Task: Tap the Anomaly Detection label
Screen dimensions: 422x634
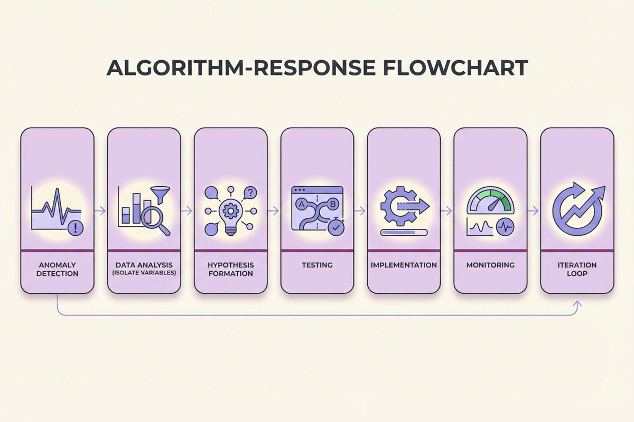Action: pyautogui.click(x=58, y=269)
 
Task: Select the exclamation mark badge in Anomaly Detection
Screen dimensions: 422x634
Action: pyautogui.click(x=77, y=228)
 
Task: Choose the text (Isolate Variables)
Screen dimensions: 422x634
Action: pyautogui.click(x=144, y=274)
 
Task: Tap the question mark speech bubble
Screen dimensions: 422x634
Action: pyautogui.click(x=250, y=193)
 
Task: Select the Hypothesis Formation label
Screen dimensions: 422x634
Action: pyautogui.click(x=231, y=269)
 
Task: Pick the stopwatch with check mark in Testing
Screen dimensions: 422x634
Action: pyautogui.click(x=335, y=227)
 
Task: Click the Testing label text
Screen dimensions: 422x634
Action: pyautogui.click(x=317, y=265)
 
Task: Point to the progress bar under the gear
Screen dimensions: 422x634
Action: pyautogui.click(x=403, y=232)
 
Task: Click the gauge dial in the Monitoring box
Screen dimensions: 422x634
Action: pyautogui.click(x=490, y=202)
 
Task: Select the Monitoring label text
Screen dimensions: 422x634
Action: pyautogui.click(x=490, y=265)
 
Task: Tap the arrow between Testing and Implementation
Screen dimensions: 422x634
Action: pyautogui.click(x=360, y=210)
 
